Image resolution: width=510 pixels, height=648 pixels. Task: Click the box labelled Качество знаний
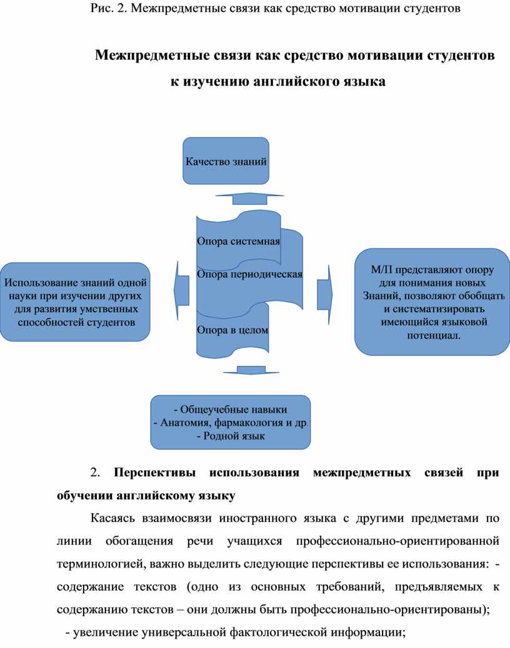tap(226, 160)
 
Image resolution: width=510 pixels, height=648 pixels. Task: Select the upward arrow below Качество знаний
tap(250, 199)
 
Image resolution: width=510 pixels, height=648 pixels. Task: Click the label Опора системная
tap(238, 242)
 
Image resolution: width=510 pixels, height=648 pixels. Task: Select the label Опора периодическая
tap(249, 274)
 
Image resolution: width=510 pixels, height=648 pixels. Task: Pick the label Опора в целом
tap(232, 330)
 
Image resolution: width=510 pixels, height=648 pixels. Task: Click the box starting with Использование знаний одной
tap(76, 302)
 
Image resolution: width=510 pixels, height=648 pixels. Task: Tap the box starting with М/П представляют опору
tap(432, 302)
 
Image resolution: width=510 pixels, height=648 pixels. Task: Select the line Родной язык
tap(231, 436)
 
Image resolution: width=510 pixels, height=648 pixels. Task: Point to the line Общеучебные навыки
tap(231, 410)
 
